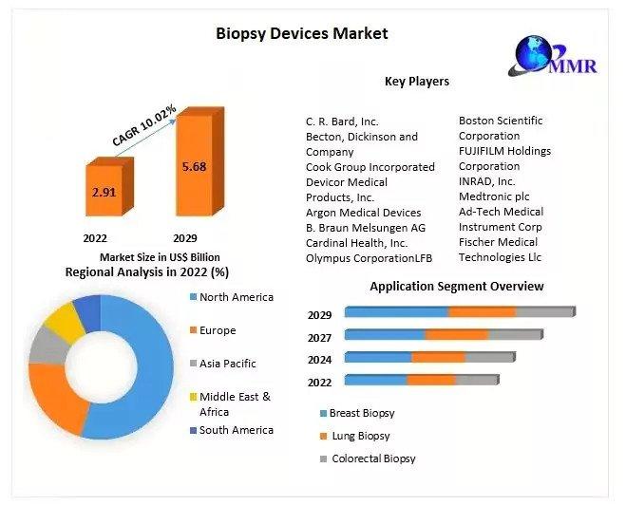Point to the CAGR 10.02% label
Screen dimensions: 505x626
click(x=144, y=123)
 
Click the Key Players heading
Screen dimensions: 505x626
click(x=416, y=82)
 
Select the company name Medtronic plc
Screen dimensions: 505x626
click(x=493, y=196)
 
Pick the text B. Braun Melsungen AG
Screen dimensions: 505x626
click(x=365, y=228)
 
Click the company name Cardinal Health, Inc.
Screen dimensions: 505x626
click(x=356, y=243)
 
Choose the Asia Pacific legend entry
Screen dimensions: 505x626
click(x=228, y=364)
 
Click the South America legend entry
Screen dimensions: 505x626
click(x=236, y=430)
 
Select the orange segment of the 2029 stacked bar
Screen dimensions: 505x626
click(x=482, y=311)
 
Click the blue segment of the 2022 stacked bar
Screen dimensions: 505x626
click(x=375, y=381)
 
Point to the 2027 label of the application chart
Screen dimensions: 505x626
click(x=319, y=338)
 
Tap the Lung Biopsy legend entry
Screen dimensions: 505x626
click(x=360, y=436)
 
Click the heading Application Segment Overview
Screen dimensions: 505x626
click(x=456, y=286)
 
